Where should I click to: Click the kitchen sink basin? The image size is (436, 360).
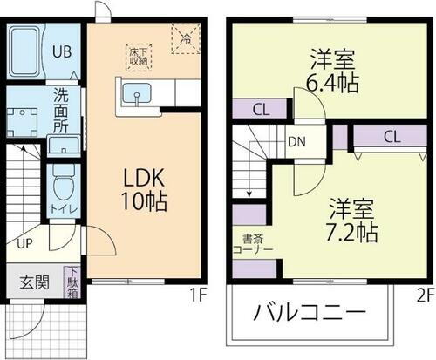(136, 93)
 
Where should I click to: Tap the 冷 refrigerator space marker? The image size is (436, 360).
(185, 38)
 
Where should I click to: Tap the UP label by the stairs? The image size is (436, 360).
(25, 245)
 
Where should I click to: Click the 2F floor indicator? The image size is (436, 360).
(424, 294)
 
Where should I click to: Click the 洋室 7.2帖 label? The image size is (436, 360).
(352, 221)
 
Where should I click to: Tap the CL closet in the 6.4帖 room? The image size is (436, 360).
(259, 109)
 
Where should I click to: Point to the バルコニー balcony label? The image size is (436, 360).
(310, 313)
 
